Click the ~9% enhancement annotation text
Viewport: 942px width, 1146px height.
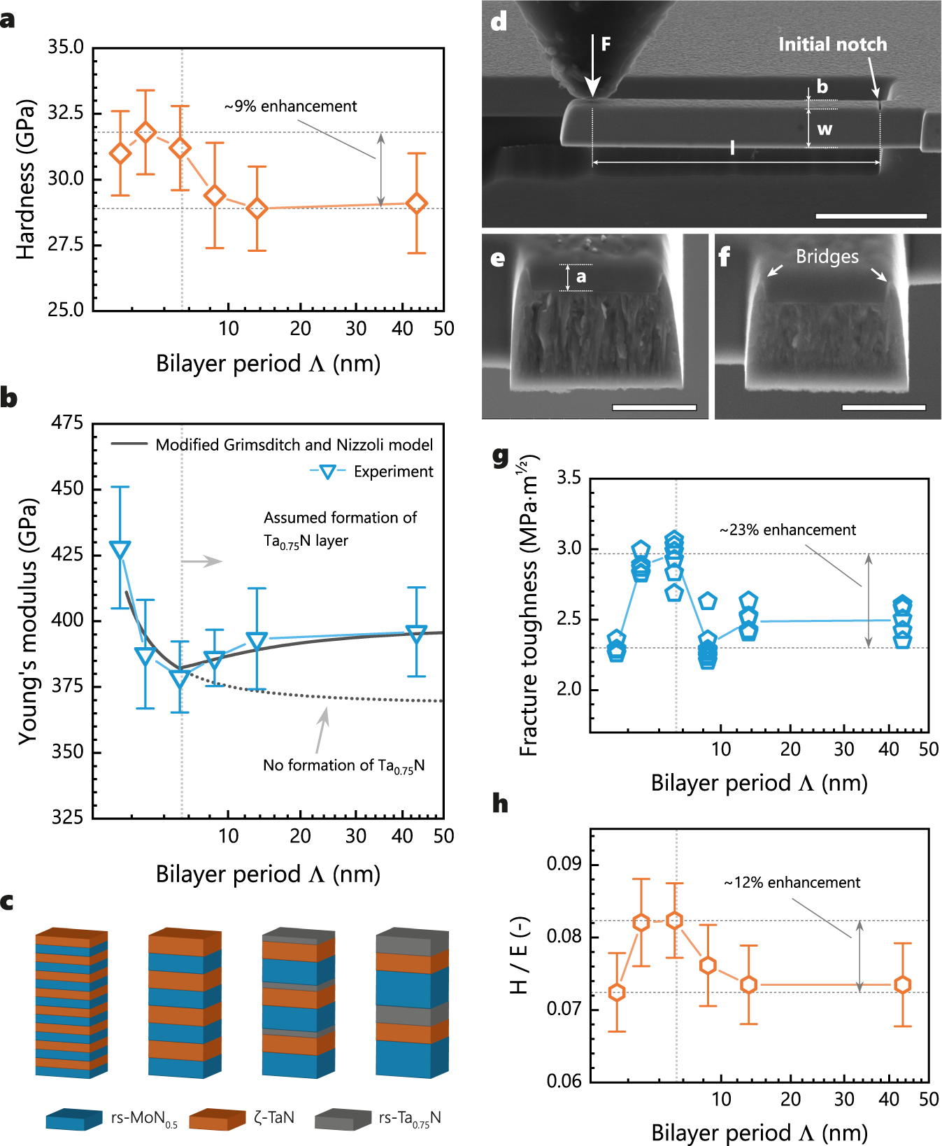(290, 106)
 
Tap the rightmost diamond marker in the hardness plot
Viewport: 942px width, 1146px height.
(417, 204)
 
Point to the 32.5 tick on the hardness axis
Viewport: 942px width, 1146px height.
(65, 113)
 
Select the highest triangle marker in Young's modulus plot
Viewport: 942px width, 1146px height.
(120, 550)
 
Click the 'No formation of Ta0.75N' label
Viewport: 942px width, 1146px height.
(343, 765)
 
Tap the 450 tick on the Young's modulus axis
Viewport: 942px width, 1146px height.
(67, 488)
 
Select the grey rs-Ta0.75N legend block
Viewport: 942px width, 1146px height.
(343, 1119)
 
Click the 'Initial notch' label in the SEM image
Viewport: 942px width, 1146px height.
(832, 45)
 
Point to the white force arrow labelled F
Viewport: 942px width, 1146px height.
(592, 66)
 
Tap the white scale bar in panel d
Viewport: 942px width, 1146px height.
(871, 216)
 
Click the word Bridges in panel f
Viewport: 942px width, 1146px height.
(827, 257)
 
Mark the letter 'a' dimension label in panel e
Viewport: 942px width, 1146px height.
(581, 277)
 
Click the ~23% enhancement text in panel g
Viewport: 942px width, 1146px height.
(787, 530)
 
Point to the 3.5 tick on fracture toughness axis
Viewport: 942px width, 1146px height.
(569, 479)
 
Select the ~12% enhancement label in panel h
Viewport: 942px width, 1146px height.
(792, 883)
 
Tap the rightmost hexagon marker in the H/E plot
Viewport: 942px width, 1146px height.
(903, 985)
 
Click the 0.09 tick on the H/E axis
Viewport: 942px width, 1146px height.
(564, 864)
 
